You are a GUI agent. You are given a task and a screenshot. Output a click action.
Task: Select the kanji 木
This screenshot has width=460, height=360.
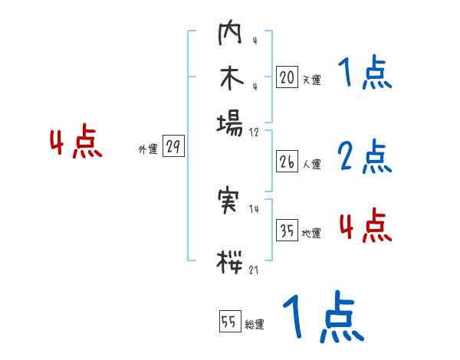coord(230,79)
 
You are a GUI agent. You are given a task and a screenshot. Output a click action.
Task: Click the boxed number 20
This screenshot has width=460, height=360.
coord(287,77)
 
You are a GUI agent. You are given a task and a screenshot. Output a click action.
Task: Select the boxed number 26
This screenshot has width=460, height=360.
coord(287,162)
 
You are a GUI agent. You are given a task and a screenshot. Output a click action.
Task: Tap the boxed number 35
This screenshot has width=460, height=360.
coord(287,231)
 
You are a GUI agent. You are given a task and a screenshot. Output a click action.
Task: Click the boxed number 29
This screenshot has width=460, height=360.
coord(173,147)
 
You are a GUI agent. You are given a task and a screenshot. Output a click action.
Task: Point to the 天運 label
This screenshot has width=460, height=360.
coord(311,79)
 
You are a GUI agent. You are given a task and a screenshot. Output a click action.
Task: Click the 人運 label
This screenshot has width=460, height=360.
coord(311,164)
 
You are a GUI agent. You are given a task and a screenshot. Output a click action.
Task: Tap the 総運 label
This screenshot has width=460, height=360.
coord(255,325)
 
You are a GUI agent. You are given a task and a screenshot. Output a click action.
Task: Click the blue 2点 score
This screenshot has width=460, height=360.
coord(365,158)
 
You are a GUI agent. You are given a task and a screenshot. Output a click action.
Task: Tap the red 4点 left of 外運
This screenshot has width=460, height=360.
coord(75,143)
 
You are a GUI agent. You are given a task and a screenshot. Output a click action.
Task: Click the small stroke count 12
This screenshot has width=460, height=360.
coord(254,132)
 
